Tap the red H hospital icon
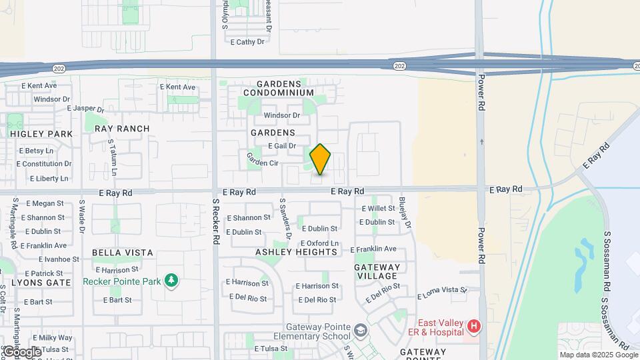pyautogui.click(x=473, y=326)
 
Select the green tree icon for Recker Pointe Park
pyautogui.click(x=172, y=281)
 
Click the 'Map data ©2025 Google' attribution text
pyautogui.click(x=598, y=355)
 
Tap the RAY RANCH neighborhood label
pyautogui.click(x=122, y=129)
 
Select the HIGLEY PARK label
pyautogui.click(x=41, y=133)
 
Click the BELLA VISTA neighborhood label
pyautogui.click(x=122, y=253)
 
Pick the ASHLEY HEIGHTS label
pyautogui.click(x=297, y=252)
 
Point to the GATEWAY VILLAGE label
pyautogui.click(x=377, y=271)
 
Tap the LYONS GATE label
pyautogui.click(x=41, y=283)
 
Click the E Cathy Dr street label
pyautogui.click(x=247, y=42)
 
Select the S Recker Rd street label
pyautogui.click(x=215, y=222)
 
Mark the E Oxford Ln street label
pyautogui.click(x=319, y=243)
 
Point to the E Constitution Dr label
pyautogui.click(x=44, y=164)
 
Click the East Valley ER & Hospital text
pyautogui.click(x=441, y=327)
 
